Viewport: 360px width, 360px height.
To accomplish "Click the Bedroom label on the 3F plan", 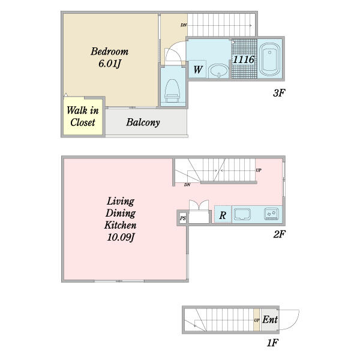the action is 110,52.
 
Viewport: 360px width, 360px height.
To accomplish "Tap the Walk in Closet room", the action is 83,116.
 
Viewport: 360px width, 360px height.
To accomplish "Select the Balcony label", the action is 143,122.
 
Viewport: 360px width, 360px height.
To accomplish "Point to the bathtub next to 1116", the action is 269,59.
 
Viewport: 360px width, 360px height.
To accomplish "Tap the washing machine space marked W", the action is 197,69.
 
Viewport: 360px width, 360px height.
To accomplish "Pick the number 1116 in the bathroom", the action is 244,59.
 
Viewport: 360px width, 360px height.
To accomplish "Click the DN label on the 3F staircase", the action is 184,25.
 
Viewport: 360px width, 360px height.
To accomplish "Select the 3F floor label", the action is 279,93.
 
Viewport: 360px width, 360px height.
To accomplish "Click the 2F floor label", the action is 279,234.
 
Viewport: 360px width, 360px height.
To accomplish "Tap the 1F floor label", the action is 272,343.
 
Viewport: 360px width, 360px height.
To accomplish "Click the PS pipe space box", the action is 183,218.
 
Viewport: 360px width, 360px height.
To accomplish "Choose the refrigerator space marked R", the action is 223,215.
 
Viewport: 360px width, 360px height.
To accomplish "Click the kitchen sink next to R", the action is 242,214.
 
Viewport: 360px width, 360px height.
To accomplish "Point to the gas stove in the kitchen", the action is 271,214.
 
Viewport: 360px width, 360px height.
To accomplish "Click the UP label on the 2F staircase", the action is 259,170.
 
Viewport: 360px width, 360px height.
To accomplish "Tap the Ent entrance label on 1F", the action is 270,319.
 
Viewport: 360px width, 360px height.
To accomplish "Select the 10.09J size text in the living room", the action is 121,237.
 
